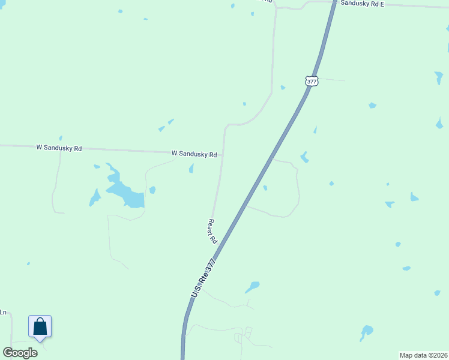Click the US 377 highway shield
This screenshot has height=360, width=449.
click(x=311, y=81)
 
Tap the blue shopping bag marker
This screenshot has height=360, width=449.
click(x=40, y=327)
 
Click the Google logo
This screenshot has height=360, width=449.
click(x=20, y=352)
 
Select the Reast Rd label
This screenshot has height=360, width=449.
click(x=212, y=230)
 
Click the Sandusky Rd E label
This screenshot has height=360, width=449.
click(x=362, y=3)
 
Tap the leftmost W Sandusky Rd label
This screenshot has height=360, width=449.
click(x=59, y=147)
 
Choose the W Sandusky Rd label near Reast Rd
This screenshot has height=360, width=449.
click(x=194, y=154)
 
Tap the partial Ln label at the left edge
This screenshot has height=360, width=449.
click(x=3, y=312)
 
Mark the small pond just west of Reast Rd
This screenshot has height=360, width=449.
click(x=191, y=169)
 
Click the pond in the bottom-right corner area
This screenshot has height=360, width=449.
click(x=366, y=331)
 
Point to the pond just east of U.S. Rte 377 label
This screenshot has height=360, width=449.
click(x=252, y=287)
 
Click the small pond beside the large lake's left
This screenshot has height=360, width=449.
click(x=94, y=197)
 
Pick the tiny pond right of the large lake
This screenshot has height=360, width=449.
click(x=152, y=190)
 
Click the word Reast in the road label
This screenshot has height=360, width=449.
click(x=211, y=226)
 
